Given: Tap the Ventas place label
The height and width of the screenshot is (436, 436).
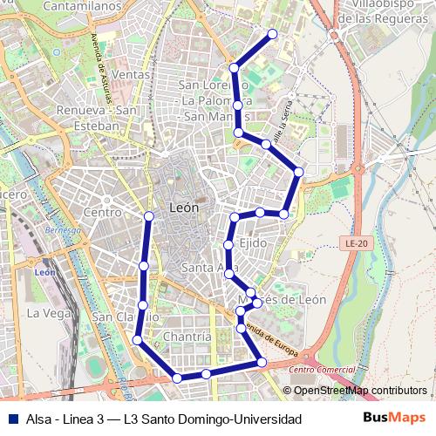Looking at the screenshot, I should point(132,76).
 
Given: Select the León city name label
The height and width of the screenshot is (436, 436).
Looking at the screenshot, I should point(183,208).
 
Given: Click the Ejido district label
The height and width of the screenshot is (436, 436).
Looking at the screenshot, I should point(253,243).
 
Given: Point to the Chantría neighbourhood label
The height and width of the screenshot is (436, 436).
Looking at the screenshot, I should point(187,337).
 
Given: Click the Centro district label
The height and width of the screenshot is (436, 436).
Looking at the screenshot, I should point(102,212).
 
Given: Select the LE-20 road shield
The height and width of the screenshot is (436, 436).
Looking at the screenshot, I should point(355,243).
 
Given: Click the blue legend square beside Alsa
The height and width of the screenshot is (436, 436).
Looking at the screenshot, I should point(13,419).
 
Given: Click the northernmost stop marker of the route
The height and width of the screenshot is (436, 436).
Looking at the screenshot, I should point(273,34).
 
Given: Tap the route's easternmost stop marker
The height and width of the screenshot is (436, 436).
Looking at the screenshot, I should point(298,172).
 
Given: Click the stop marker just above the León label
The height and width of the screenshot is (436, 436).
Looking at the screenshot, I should point(149,215).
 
